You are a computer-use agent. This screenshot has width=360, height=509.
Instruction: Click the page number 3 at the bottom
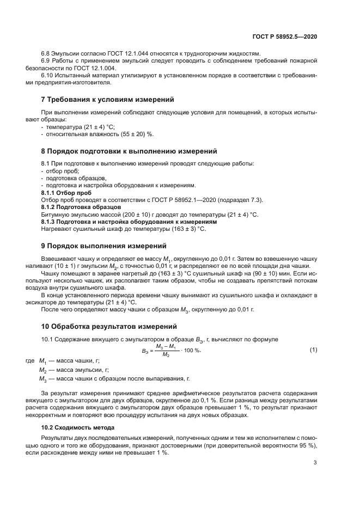point(315,463)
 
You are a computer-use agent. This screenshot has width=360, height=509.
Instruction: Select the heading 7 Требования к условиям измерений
point(108,100)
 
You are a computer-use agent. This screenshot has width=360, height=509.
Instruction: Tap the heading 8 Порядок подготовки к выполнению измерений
point(129,150)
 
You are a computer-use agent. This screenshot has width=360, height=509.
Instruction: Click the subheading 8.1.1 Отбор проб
point(66,193)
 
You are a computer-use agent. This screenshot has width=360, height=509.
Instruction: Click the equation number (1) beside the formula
point(313,350)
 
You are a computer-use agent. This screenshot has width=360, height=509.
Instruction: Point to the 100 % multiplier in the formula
point(191,351)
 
